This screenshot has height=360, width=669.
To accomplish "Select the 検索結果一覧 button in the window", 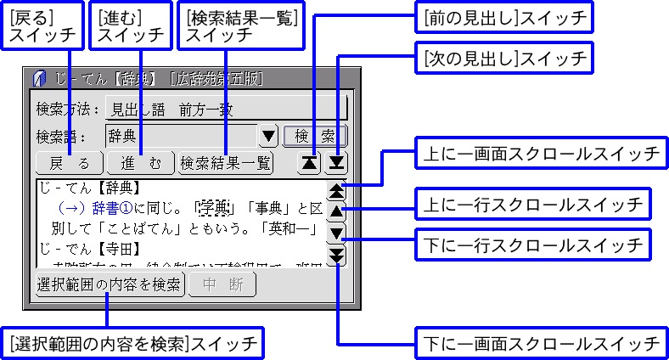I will coord(225,163).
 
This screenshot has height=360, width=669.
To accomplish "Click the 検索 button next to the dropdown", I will coord(315,136).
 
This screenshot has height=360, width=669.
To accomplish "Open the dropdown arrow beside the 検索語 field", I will coord(268,136).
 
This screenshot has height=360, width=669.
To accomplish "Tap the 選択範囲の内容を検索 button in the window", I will coord(109,284).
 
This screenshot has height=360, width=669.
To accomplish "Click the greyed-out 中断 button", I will coord(222,284).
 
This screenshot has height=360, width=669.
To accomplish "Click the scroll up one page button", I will coord(337,190).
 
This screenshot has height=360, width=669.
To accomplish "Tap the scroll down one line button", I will coord(337,233).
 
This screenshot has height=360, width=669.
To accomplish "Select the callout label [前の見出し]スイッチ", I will coord(502,16).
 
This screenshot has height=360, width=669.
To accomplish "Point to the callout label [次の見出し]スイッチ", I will coord(502,59).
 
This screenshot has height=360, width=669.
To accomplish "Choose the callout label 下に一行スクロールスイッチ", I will coord(531,245).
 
